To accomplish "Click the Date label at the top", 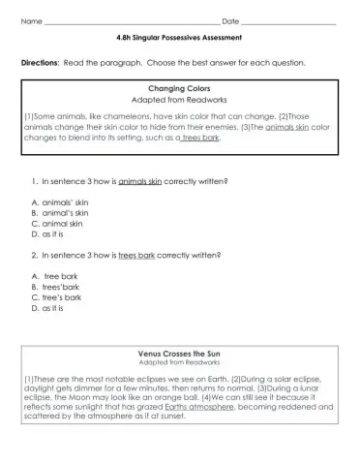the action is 230,21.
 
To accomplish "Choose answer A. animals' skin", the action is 60,201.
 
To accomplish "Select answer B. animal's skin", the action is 60,212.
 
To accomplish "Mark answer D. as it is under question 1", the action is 50,233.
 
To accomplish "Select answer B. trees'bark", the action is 58,287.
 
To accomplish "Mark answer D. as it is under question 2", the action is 50,308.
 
